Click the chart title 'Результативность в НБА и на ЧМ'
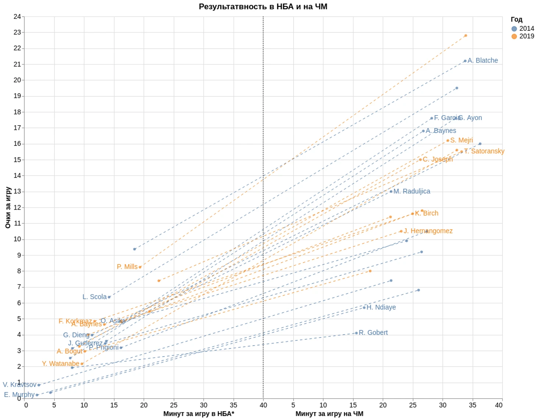coord(263,7)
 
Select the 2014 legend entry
coord(522,28)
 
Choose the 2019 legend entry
coord(522,36)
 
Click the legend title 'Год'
coord(516,19)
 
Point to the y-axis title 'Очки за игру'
coord(8,207)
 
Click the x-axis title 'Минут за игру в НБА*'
coord(199,413)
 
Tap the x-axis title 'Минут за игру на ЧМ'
coord(329,413)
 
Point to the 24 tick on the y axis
coord(17,17)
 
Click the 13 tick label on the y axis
coord(17,191)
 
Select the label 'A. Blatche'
coord(483,61)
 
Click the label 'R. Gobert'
coord(373,333)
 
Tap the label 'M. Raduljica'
coord(412,191)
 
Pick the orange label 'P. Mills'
coord(127,267)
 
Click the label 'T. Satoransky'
coord(484,151)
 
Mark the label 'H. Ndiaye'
coord(381,307)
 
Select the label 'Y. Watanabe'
coord(60,364)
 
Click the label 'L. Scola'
coord(94,297)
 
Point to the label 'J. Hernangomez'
coord(428,231)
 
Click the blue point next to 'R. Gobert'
coord(356,333)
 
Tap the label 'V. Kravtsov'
coord(19,384)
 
